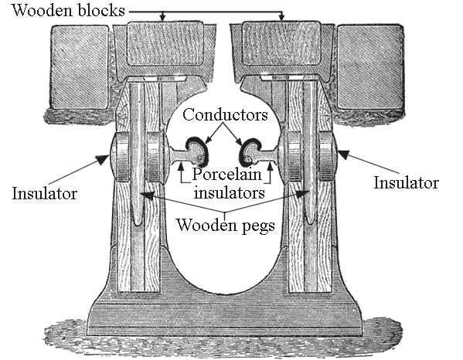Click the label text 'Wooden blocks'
68,10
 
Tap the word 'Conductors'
225,114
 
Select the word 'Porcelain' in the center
226,174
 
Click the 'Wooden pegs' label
225,225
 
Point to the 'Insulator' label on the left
44,194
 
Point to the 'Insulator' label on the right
407,182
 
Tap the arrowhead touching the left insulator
103,159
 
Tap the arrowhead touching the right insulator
343,154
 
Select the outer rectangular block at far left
80,67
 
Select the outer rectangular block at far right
370,67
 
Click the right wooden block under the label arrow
281,44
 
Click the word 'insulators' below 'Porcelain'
229,192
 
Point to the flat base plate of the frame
225,320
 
